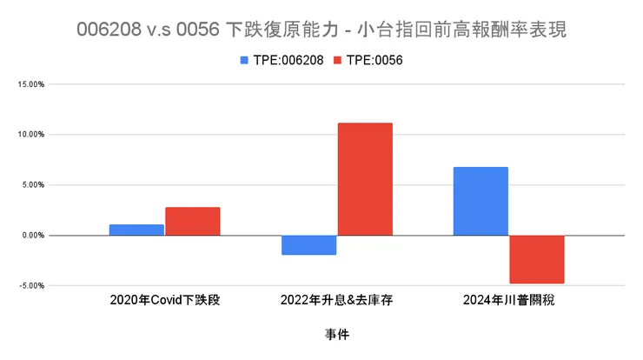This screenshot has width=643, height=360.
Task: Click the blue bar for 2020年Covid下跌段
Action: point(136,230)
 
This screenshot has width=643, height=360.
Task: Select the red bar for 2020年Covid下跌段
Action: point(192,221)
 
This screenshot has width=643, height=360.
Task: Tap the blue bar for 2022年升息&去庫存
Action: point(308,244)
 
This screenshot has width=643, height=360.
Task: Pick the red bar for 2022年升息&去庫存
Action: point(365,179)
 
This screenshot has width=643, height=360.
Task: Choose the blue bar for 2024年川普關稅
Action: point(481,201)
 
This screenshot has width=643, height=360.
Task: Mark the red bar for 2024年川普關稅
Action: point(537,259)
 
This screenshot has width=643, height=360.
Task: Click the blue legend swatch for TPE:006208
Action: point(246,60)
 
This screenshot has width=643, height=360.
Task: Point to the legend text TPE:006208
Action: point(289,60)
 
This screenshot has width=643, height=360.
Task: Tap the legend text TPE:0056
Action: point(374,60)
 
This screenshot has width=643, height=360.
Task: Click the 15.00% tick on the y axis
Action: point(30,84)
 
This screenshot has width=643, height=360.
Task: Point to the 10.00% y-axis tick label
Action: point(30,135)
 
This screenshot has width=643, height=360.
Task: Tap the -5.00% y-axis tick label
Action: point(30,285)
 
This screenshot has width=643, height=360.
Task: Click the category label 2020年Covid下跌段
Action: point(164,300)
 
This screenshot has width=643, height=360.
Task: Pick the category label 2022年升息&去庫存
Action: point(336,300)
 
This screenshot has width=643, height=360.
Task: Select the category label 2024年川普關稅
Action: point(508,300)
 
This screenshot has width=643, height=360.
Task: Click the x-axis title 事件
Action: point(337,334)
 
